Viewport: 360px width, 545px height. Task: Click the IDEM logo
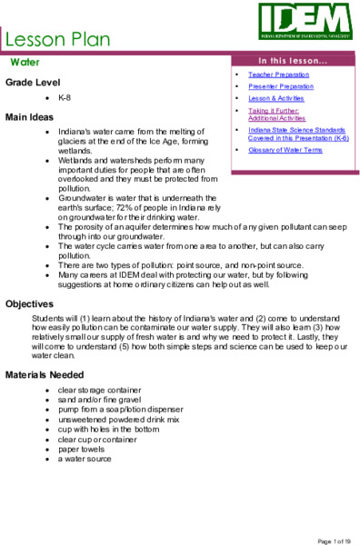click(305, 19)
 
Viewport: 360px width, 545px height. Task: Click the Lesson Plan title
click(58, 39)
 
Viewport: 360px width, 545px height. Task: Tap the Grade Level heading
click(33, 82)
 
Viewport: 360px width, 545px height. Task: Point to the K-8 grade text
click(65, 96)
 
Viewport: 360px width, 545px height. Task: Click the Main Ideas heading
click(30, 117)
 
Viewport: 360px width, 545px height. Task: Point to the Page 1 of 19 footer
click(334, 540)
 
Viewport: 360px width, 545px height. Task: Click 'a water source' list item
click(85, 460)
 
